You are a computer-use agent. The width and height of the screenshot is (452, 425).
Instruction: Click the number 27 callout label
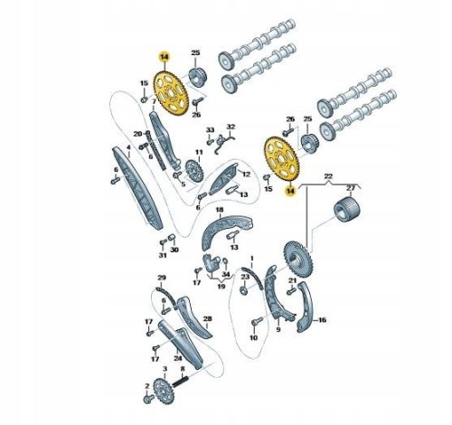point(351,188)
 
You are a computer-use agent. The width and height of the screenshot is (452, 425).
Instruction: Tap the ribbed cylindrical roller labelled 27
point(347,209)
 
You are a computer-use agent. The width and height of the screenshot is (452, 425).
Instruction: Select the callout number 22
point(328,175)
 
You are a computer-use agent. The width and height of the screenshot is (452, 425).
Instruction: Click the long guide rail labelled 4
point(137,188)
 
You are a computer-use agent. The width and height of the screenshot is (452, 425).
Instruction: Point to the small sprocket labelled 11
point(194,171)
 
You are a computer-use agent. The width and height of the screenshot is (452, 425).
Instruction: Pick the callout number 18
point(220,209)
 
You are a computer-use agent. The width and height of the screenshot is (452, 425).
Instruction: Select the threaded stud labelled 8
point(180,381)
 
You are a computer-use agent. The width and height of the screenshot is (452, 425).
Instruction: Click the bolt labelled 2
point(147,399)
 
